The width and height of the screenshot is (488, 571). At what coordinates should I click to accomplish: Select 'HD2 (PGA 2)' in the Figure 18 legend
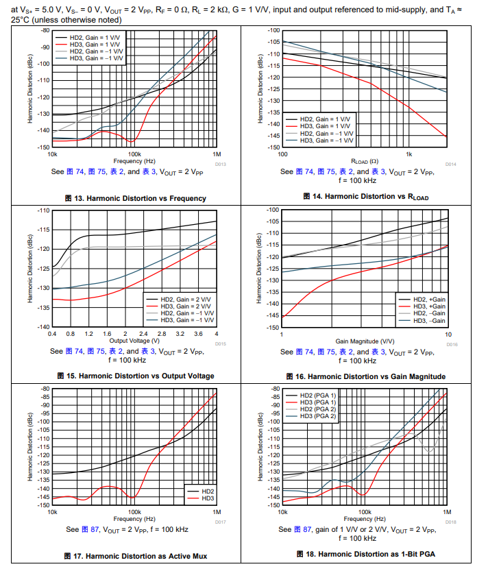coord(317,409)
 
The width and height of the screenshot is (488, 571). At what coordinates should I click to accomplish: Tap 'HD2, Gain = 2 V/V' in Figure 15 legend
coord(180,300)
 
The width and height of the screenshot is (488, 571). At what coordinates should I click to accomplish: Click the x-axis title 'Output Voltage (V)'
coord(134,341)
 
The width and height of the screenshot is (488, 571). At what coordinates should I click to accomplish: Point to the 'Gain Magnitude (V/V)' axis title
coord(365,341)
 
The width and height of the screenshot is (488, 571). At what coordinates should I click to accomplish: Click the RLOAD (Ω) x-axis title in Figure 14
coord(365,161)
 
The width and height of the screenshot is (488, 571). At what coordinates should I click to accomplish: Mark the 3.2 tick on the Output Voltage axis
coord(180,333)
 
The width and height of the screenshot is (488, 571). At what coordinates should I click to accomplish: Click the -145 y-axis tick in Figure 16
coord(272,315)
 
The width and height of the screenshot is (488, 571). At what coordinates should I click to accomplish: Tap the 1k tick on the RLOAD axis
coord(409,154)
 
